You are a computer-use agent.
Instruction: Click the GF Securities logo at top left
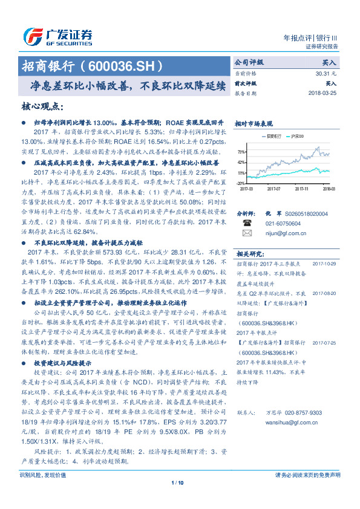point(58,36)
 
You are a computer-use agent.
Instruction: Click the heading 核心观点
point(42,106)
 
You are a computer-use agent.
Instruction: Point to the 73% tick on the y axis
point(241,152)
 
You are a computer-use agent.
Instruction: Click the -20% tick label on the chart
point(241,183)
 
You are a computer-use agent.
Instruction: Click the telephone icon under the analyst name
point(246,223)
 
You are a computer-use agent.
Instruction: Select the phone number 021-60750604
point(283,223)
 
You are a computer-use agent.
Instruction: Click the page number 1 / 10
point(180,499)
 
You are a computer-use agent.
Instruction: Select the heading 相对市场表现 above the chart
point(254,123)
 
